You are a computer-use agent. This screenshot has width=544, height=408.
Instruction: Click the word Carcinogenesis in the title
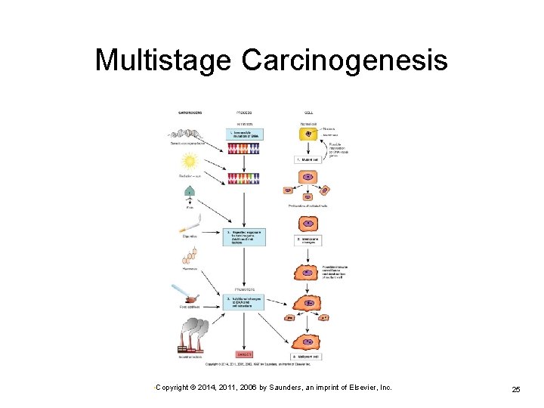(x=345, y=60)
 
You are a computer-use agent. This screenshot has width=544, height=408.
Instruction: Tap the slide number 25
(x=515, y=389)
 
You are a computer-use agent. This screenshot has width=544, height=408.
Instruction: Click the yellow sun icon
(x=190, y=160)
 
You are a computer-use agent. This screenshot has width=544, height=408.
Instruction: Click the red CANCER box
(x=244, y=354)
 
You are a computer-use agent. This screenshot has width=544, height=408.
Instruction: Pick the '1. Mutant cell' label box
(x=308, y=159)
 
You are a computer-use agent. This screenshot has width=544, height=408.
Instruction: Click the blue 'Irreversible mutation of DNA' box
(x=244, y=134)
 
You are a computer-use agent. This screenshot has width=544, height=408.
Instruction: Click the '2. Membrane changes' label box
(x=308, y=240)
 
